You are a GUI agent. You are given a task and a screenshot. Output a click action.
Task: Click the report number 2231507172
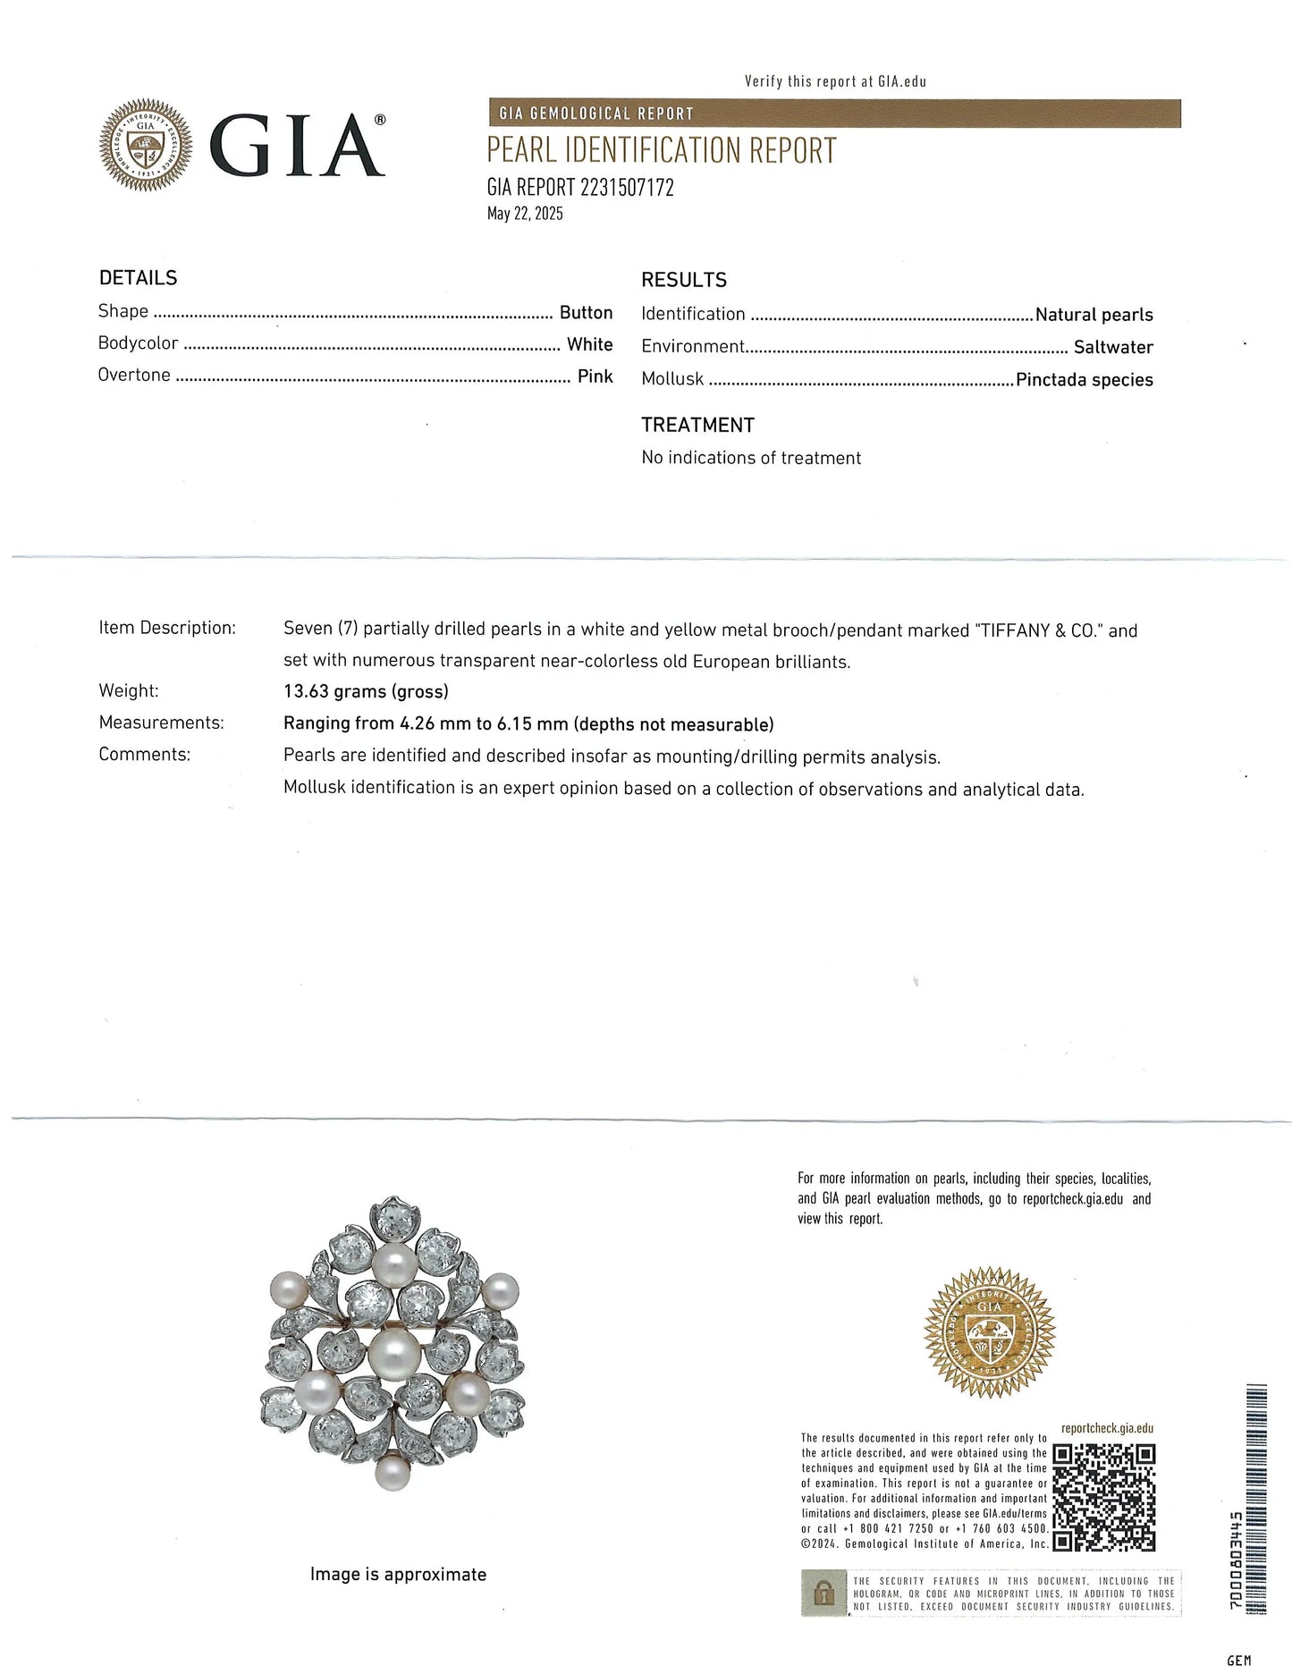pyautogui.click(x=627, y=188)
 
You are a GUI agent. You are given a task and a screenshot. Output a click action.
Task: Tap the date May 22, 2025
pyautogui.click(x=525, y=214)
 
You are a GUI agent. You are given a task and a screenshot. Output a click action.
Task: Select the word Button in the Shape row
pyautogui.click(x=586, y=313)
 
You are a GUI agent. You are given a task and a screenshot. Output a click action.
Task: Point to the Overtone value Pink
pyautogui.click(x=595, y=376)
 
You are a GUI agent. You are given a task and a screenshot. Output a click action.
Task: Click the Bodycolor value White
pyautogui.click(x=589, y=344)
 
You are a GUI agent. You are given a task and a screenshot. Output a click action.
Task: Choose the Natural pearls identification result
pyautogui.click(x=1094, y=315)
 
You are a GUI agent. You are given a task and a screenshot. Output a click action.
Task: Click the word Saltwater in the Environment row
pyautogui.click(x=1113, y=347)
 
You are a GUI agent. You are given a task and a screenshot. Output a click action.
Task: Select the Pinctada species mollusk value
pyautogui.click(x=1084, y=380)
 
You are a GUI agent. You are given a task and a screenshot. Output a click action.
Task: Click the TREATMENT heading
pyautogui.click(x=697, y=426)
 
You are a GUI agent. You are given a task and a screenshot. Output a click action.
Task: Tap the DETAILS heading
pyautogui.click(x=138, y=278)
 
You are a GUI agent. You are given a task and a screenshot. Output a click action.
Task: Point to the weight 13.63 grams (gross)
pyautogui.click(x=366, y=691)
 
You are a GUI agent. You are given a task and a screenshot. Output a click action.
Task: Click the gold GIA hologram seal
pyautogui.click(x=989, y=1332)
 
